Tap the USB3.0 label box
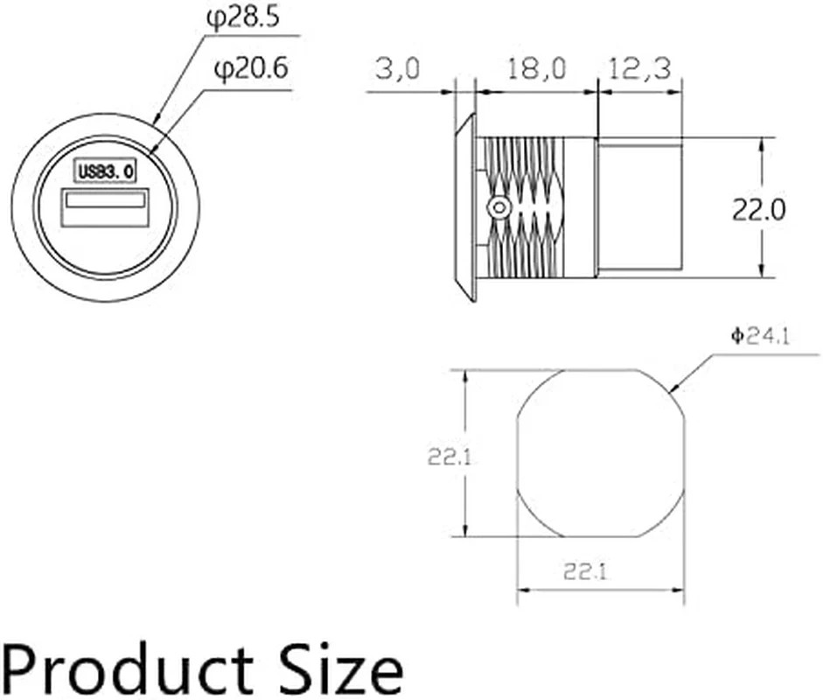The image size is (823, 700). point(105,171)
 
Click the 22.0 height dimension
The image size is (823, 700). point(759,208)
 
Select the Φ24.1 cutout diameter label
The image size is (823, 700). point(761,336)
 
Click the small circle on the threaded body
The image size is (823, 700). point(498,207)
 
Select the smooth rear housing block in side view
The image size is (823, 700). point(639,207)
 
